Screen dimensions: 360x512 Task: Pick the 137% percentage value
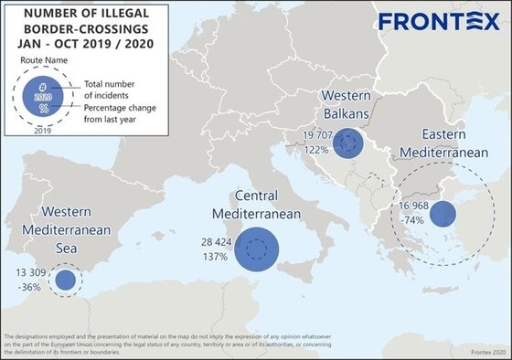tap(216, 258)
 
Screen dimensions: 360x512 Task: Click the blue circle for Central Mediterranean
tap(257, 249)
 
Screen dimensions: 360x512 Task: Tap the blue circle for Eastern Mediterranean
tap(443, 215)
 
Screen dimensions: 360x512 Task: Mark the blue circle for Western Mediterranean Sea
tap(65, 281)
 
